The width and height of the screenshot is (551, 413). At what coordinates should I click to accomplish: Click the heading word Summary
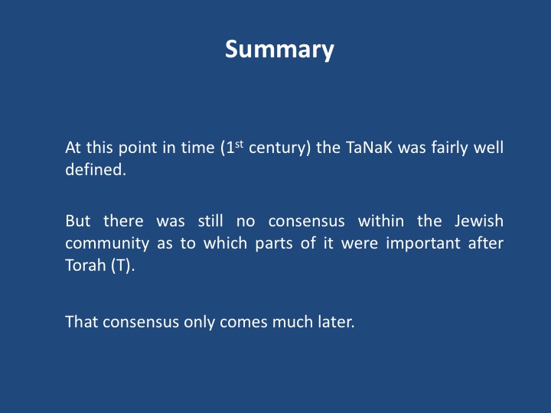(x=279, y=50)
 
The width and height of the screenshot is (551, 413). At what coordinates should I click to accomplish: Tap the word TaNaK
(x=369, y=148)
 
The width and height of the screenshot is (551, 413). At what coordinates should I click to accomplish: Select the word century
(x=280, y=148)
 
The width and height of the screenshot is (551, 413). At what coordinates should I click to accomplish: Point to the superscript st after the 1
(x=239, y=144)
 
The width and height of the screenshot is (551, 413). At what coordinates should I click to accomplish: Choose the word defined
(x=95, y=170)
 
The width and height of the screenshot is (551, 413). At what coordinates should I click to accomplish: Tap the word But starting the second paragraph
(x=78, y=221)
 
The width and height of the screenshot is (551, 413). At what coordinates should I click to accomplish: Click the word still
(x=210, y=221)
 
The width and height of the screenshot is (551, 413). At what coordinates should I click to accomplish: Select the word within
(x=381, y=221)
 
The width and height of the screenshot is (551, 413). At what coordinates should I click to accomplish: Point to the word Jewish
(x=479, y=221)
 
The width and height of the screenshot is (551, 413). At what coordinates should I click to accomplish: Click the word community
(x=107, y=244)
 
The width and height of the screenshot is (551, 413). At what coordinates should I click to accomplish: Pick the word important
(x=423, y=244)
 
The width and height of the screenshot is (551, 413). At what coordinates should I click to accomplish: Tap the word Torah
(x=86, y=265)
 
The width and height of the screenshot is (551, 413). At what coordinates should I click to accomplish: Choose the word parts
(x=274, y=243)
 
